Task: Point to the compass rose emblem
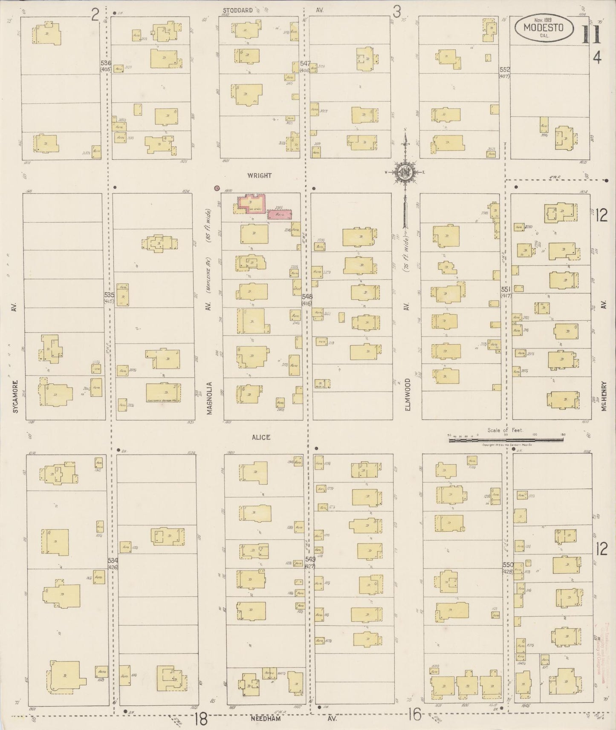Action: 405,172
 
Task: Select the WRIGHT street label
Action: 259,175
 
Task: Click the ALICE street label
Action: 260,437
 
